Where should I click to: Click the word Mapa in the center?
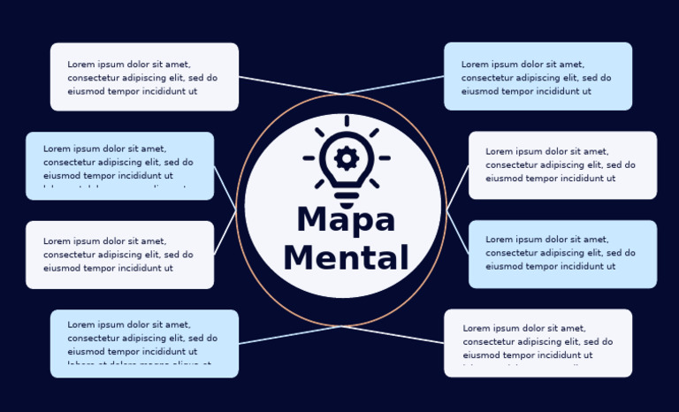pos(346,220)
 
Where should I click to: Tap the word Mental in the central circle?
pos(346,258)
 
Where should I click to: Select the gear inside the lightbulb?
pos(347,158)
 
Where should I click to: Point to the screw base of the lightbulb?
pos(347,195)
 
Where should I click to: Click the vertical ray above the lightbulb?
pos(347,121)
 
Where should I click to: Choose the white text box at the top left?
pos(144,77)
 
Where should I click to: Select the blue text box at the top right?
pos(538,76)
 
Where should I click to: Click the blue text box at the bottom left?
pos(144,343)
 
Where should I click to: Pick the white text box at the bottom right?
pos(538,343)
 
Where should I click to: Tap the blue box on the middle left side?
pos(119,165)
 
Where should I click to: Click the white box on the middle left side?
pos(119,255)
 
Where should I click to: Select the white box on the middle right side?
pos(562,165)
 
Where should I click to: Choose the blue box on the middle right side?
pos(562,254)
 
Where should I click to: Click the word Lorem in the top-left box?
pos(81,65)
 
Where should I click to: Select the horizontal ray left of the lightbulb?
pos(309,158)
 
